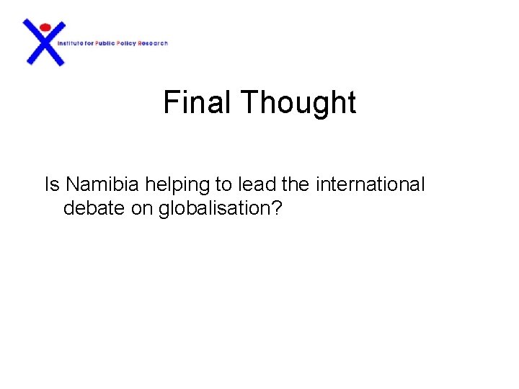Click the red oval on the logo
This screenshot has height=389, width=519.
pyautogui.click(x=45, y=27)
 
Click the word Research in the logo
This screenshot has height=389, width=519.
pyautogui.click(x=154, y=43)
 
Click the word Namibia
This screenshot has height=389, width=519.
pyautogui.click(x=102, y=185)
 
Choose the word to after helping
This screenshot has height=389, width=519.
pyautogui.click(x=227, y=185)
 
